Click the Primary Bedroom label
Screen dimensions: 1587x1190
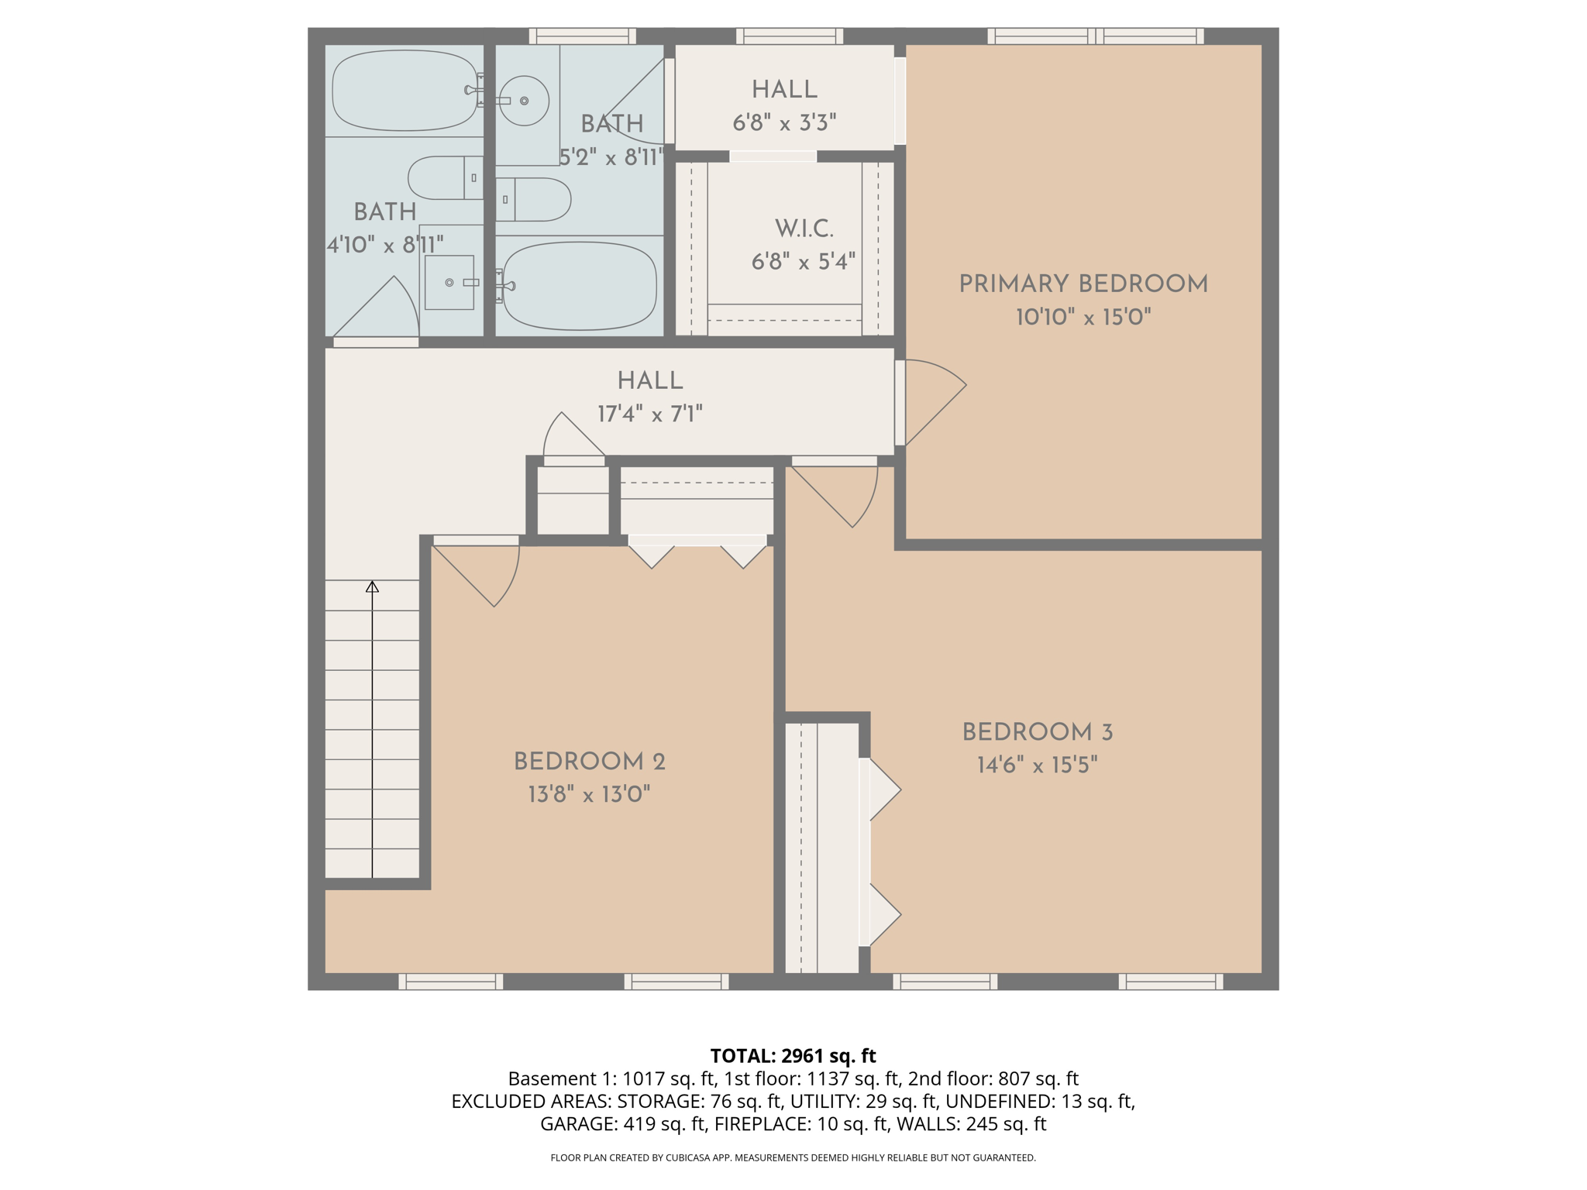[1083, 284]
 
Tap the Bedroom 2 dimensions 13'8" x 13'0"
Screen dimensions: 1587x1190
[589, 794]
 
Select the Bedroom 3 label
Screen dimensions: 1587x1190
[1038, 732]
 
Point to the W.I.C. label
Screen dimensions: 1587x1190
[804, 229]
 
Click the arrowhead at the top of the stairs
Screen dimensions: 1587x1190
[373, 586]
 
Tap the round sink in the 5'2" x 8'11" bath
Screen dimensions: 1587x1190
[524, 101]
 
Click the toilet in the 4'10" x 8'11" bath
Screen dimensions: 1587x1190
[446, 177]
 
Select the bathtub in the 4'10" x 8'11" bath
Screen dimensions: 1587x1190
[405, 91]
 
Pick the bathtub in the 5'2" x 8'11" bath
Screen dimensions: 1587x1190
[580, 286]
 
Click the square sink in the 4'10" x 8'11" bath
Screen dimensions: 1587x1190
[449, 283]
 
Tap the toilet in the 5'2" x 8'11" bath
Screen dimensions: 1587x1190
[533, 200]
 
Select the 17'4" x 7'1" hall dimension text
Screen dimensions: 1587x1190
[650, 414]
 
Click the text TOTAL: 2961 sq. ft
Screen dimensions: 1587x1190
[793, 1056]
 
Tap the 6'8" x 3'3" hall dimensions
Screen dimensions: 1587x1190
[784, 122]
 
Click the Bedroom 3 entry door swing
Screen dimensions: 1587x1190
[835, 497]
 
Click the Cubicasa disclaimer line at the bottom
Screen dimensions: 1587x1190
[793, 1157]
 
